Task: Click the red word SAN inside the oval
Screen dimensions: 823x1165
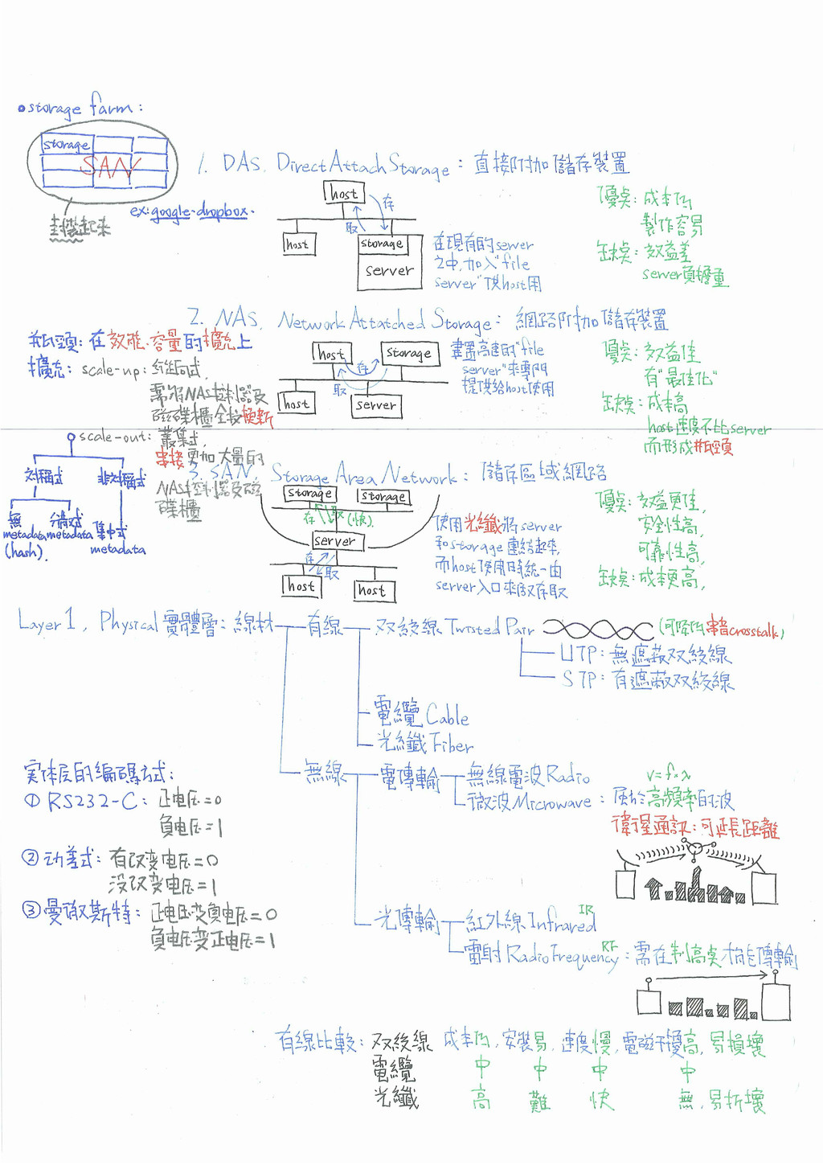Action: pyautogui.click(x=110, y=167)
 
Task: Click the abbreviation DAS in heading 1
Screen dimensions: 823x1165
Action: pyautogui.click(x=242, y=164)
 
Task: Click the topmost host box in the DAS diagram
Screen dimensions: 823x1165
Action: pyautogui.click(x=344, y=193)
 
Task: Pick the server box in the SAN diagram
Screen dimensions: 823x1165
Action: pyautogui.click(x=336, y=541)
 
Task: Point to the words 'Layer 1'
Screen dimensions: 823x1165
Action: pyautogui.click(x=47, y=621)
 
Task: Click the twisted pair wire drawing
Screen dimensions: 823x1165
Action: pyautogui.click(x=598, y=630)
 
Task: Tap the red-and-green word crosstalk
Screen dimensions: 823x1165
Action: pyautogui.click(x=754, y=632)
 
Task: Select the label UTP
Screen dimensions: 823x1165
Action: pyautogui.click(x=578, y=653)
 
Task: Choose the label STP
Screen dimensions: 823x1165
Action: pyautogui.click(x=579, y=680)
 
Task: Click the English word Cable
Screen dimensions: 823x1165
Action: pyautogui.click(x=447, y=714)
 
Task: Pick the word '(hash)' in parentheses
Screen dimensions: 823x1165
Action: pyautogui.click(x=25, y=552)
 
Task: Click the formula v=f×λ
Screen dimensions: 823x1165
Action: pyautogui.click(x=668, y=775)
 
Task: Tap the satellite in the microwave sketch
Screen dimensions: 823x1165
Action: pyautogui.click(x=694, y=847)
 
